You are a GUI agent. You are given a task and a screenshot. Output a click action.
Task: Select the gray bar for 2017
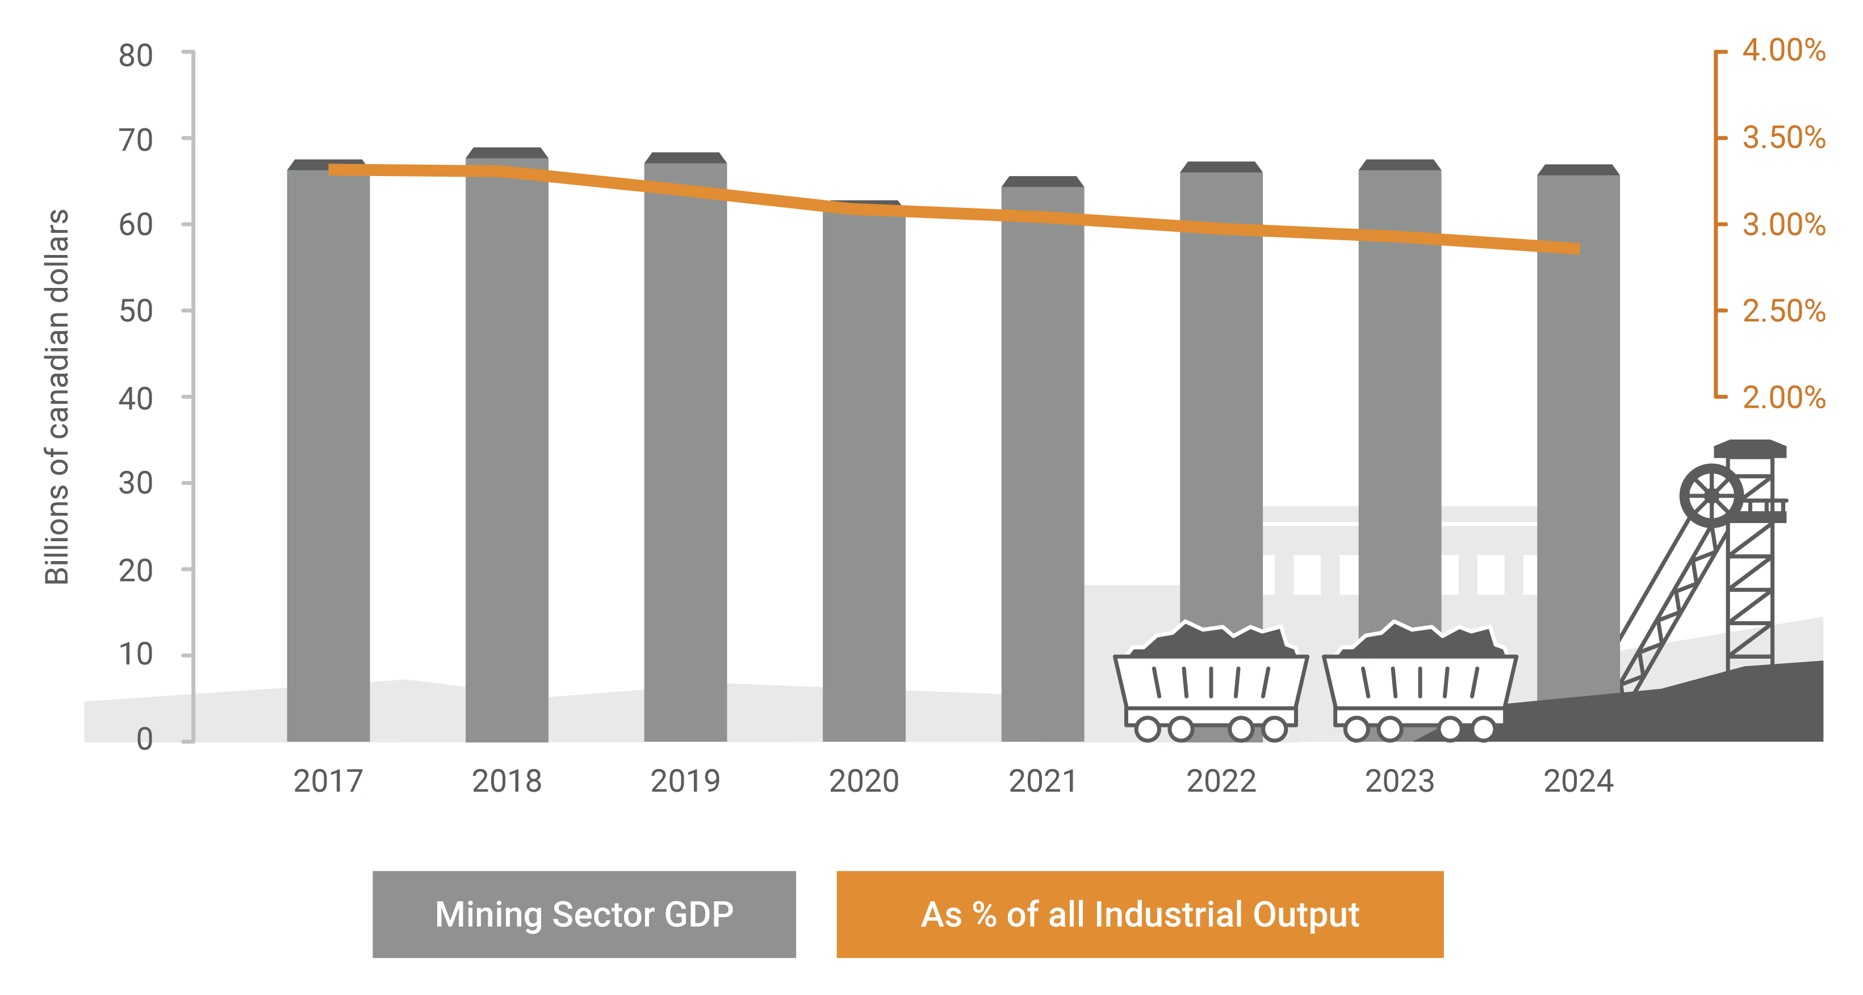coord(328,455)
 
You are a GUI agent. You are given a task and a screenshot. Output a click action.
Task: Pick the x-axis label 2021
coord(1042,781)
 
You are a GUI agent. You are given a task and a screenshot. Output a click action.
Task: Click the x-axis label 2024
coord(1578,781)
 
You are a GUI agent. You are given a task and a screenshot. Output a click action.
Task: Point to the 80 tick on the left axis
coord(136,56)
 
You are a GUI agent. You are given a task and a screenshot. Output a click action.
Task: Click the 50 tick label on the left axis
coord(136,311)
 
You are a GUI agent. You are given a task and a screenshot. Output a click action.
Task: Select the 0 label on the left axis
coord(145,739)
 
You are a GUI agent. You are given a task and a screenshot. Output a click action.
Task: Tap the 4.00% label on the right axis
coord(1784,51)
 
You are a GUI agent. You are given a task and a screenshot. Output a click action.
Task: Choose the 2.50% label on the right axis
coord(1784,311)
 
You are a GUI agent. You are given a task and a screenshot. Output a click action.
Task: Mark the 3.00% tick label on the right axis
coord(1784,224)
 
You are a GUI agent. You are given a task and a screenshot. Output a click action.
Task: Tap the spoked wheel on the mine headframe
coord(1711,496)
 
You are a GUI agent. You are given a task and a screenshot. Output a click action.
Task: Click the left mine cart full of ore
coord(1211,683)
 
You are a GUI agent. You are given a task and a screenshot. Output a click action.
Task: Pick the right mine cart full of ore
coord(1419,683)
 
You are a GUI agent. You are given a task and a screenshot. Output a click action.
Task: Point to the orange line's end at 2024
coord(1577,248)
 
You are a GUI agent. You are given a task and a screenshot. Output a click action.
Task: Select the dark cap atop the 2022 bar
coord(1221,167)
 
